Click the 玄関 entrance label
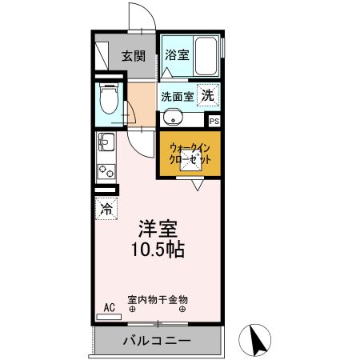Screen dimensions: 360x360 coord(134,56)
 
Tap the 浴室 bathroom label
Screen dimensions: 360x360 coord(177,55)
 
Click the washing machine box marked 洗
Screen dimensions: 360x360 coord(208,94)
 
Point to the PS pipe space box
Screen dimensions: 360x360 coord(214,122)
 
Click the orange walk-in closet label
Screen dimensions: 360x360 coord(190,154)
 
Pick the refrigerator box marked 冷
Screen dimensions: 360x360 coord(106,210)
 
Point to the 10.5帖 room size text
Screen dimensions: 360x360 coord(158,249)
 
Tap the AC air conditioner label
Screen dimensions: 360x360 coord(109,305)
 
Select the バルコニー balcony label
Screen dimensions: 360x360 coord(156,340)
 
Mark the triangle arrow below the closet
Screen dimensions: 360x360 coord(196,185)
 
